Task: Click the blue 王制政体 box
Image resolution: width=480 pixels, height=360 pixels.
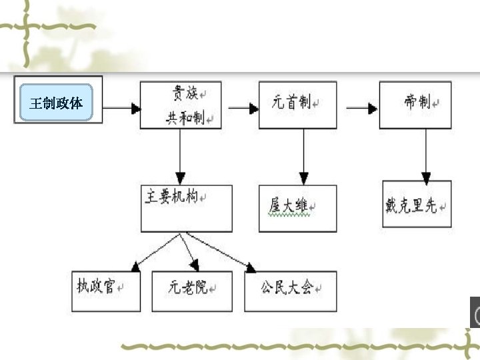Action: click(x=56, y=103)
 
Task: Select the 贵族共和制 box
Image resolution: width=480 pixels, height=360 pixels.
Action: click(x=180, y=105)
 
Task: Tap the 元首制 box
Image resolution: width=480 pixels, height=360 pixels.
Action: click(x=297, y=105)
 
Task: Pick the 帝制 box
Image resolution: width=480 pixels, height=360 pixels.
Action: click(x=415, y=105)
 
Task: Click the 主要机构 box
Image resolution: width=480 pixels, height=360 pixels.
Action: click(x=187, y=208)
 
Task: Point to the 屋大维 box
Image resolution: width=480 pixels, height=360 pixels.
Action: click(x=297, y=208)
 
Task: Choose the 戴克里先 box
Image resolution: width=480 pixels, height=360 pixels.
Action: click(x=417, y=204)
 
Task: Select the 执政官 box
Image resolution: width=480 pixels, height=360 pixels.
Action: click(x=106, y=291)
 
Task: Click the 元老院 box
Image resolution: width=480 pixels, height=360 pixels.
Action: click(x=191, y=291)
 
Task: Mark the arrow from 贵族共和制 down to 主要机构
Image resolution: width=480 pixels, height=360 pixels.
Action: click(x=180, y=156)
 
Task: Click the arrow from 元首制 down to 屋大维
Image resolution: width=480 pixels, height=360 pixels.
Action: click(x=304, y=156)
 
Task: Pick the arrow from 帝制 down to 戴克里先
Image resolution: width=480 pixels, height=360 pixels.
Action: click(x=426, y=154)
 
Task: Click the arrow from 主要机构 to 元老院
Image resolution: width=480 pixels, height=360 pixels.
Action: click(x=189, y=252)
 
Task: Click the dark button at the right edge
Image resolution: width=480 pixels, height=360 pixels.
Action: click(x=475, y=312)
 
